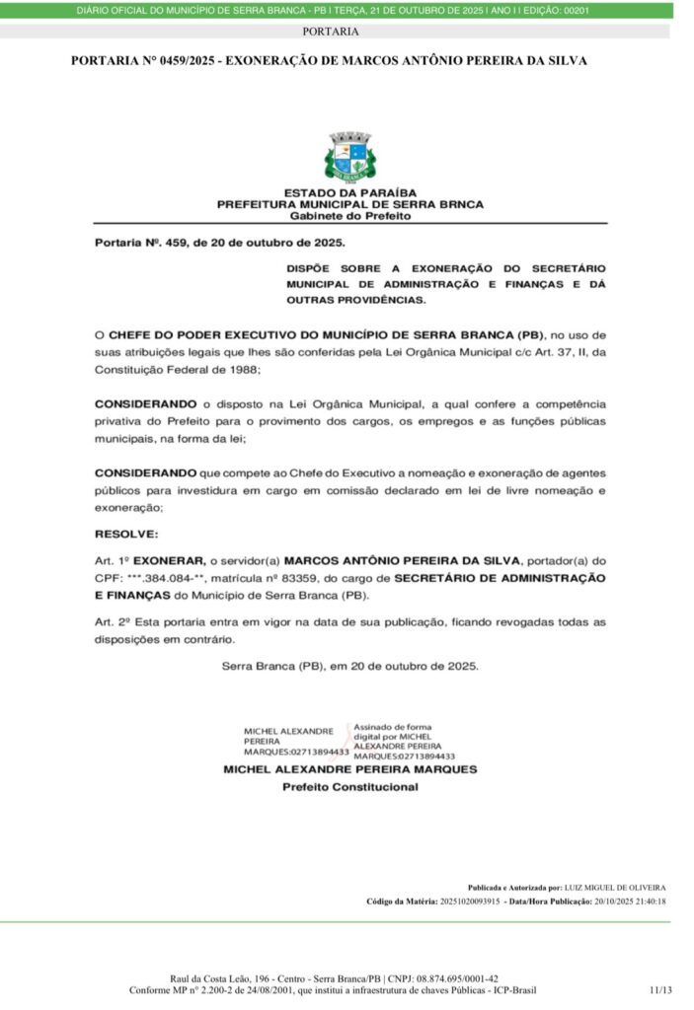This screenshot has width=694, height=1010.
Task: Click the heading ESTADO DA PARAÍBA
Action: tap(349, 192)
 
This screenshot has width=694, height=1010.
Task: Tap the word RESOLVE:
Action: tap(125, 533)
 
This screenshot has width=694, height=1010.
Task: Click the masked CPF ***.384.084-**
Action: tap(169, 578)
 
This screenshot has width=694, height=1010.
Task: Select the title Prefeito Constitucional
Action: tap(349, 787)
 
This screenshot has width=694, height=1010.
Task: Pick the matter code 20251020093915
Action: tap(463, 901)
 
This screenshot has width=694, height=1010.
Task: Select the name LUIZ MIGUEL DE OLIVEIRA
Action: tap(615, 887)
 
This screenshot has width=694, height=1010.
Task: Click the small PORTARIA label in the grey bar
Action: tap(331, 32)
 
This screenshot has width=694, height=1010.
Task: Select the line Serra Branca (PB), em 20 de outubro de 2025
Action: tap(349, 666)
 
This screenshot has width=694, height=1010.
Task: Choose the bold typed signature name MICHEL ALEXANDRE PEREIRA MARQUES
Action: tap(349, 768)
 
